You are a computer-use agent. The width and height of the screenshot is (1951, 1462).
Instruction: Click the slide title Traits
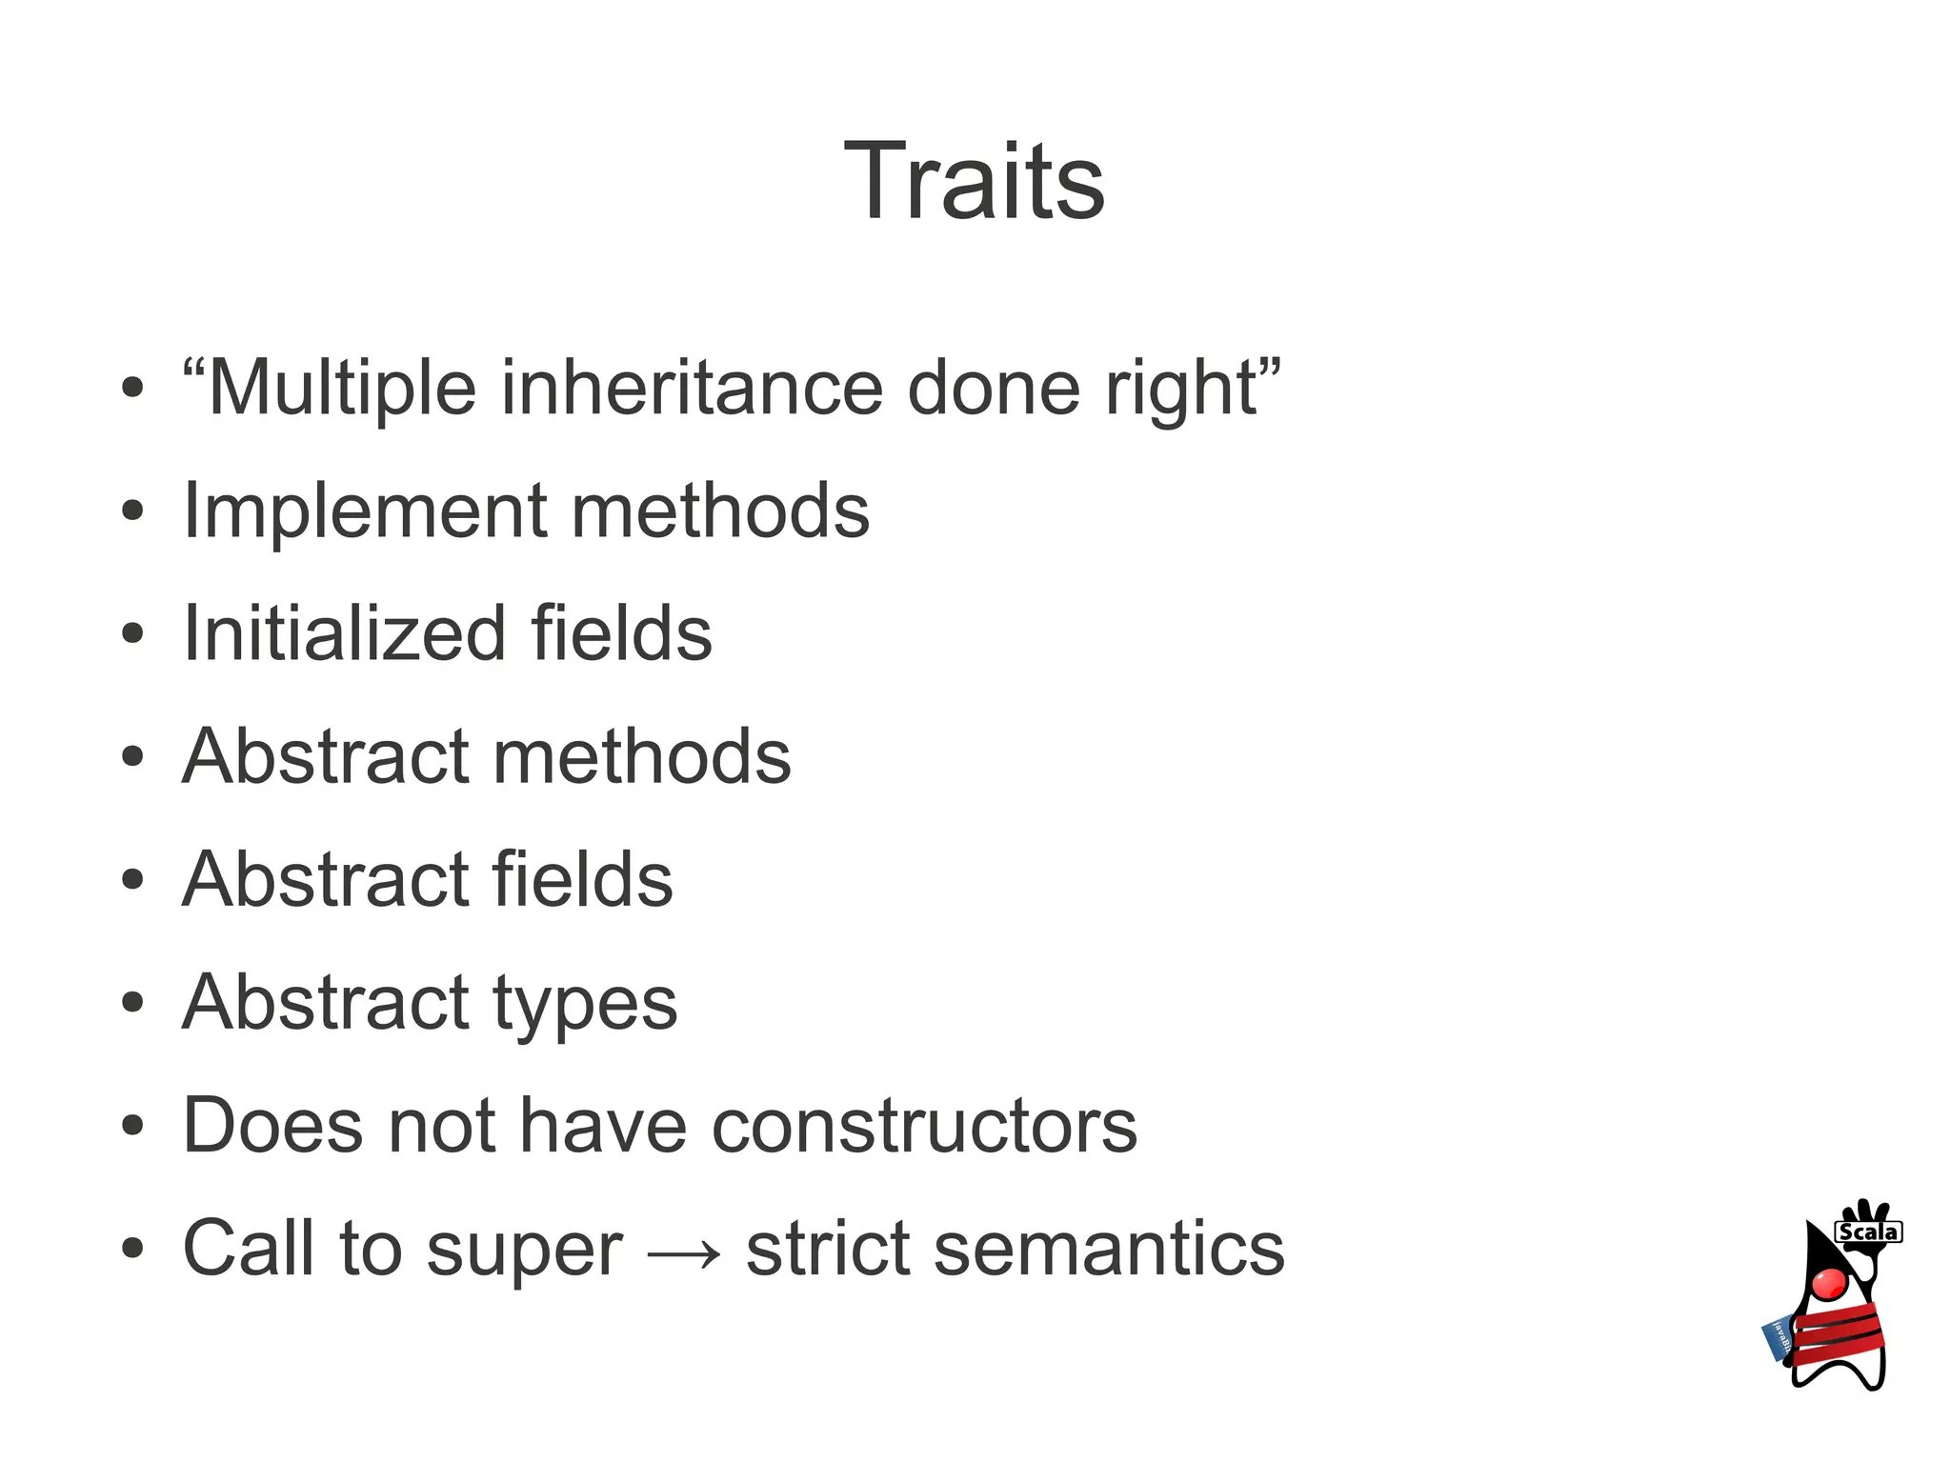(x=974, y=181)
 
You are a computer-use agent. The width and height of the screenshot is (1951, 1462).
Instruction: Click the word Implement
(x=364, y=511)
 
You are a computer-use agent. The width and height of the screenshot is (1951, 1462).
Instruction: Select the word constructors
(x=924, y=1125)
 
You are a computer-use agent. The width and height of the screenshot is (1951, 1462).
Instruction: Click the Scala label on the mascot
(x=1867, y=1232)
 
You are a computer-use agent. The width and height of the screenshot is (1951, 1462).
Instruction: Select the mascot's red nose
(x=1828, y=1282)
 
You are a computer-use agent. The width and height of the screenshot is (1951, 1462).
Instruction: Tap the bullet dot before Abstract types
(x=132, y=1003)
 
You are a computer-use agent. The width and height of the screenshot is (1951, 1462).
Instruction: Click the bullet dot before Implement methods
(x=132, y=511)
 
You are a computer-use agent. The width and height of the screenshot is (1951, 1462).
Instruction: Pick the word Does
(x=273, y=1125)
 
